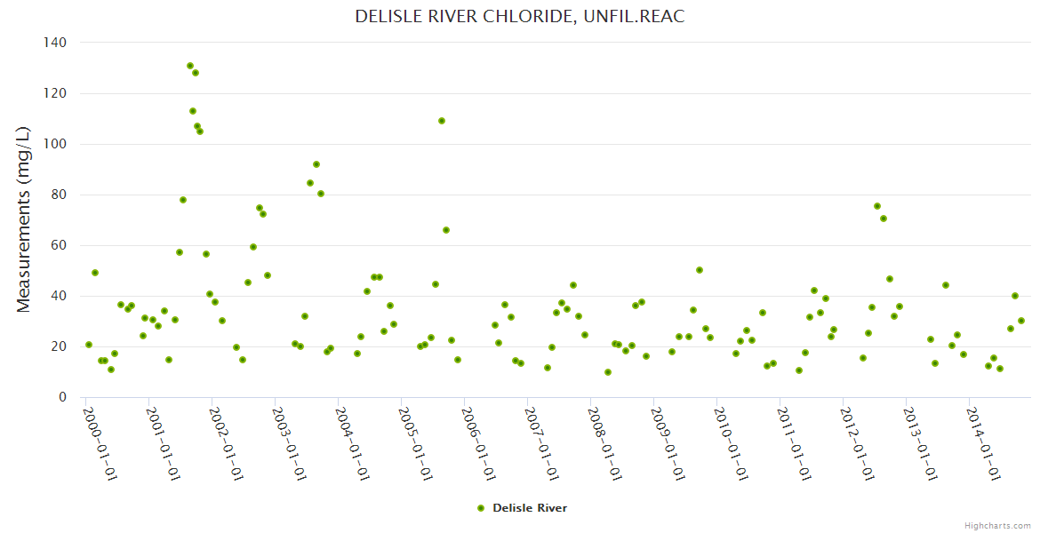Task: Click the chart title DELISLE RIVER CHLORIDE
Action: (x=520, y=17)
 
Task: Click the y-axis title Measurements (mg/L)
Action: (x=24, y=219)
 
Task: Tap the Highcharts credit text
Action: (x=997, y=525)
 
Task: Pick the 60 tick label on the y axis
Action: (x=59, y=245)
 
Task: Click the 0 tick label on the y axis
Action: (x=62, y=397)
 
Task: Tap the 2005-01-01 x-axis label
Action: (x=416, y=443)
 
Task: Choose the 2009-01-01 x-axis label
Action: (x=668, y=443)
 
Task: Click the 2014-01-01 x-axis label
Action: (x=984, y=443)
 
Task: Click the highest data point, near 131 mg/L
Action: (x=190, y=66)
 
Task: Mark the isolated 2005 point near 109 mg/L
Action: (x=442, y=121)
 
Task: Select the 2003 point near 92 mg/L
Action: (x=316, y=164)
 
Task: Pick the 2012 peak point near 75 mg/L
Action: (x=877, y=206)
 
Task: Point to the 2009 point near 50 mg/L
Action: (x=700, y=270)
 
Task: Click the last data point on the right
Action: (x=1021, y=321)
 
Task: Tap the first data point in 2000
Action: (x=89, y=345)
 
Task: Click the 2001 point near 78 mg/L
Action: (x=183, y=200)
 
